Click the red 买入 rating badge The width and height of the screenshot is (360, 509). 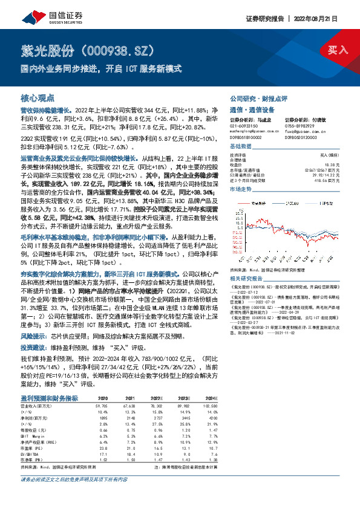tap(337, 50)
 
